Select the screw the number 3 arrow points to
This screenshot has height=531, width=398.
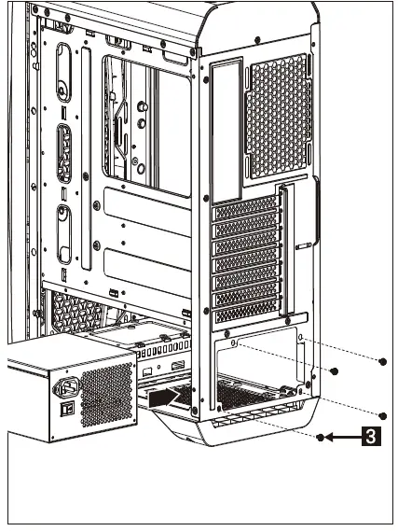321,437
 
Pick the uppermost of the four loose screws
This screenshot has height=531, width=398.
382,360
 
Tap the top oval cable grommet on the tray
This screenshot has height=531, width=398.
64,70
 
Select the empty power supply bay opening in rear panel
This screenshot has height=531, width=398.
256,373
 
